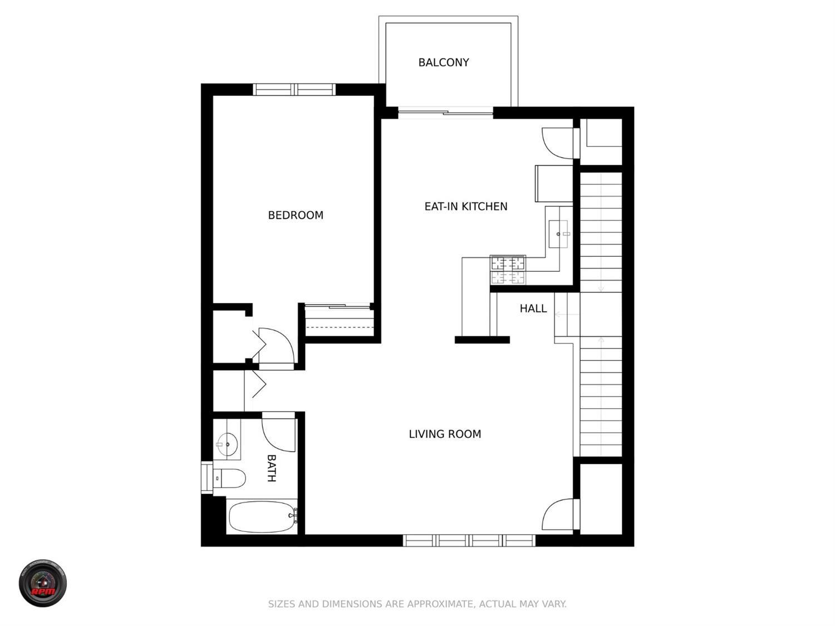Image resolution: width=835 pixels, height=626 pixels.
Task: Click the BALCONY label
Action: tap(444, 62)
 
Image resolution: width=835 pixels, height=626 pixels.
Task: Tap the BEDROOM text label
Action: tap(296, 215)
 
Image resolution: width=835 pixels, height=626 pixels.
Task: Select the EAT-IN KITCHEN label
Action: tap(466, 207)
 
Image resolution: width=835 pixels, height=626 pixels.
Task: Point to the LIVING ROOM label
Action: tap(445, 434)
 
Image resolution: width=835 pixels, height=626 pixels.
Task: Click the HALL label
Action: tap(533, 309)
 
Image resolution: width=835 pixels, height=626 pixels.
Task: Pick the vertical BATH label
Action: tap(271, 468)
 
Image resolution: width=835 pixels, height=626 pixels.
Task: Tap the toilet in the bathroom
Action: tap(229, 478)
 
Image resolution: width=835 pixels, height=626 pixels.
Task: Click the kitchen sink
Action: tap(558, 234)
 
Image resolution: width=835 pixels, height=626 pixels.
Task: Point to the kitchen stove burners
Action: tap(508, 270)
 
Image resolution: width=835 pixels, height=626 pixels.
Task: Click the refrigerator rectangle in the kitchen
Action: tap(554, 183)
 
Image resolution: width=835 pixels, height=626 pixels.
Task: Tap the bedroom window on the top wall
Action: tap(294, 90)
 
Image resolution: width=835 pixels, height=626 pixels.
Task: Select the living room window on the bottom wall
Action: tap(469, 540)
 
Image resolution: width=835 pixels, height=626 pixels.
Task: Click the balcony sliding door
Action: tap(445, 113)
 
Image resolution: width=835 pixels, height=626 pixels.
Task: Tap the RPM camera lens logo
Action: tap(43, 583)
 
